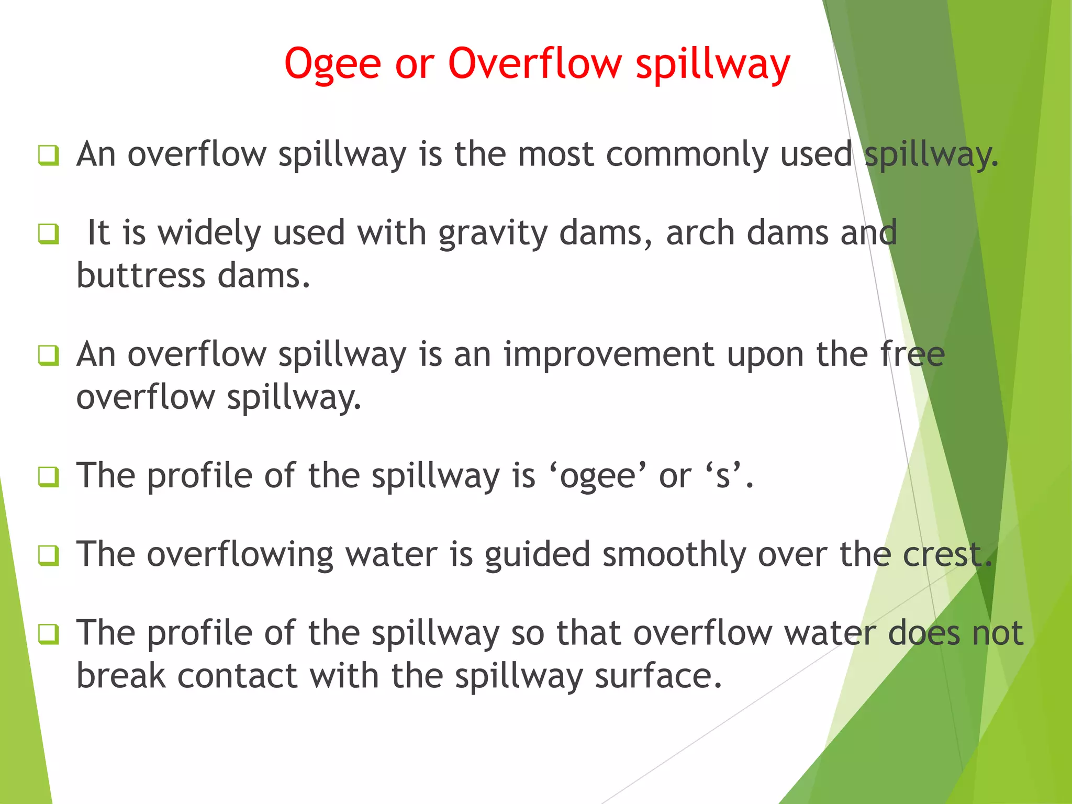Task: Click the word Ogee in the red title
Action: [332, 64]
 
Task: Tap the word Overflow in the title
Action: [534, 63]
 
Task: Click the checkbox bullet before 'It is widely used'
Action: [48, 233]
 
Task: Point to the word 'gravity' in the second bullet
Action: [493, 234]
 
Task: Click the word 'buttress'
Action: [141, 276]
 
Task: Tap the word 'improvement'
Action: [609, 354]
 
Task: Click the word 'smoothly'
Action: [674, 555]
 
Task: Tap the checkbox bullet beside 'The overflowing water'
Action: [48, 555]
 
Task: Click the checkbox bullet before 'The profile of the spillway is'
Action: [48, 477]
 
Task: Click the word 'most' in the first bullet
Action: [555, 155]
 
